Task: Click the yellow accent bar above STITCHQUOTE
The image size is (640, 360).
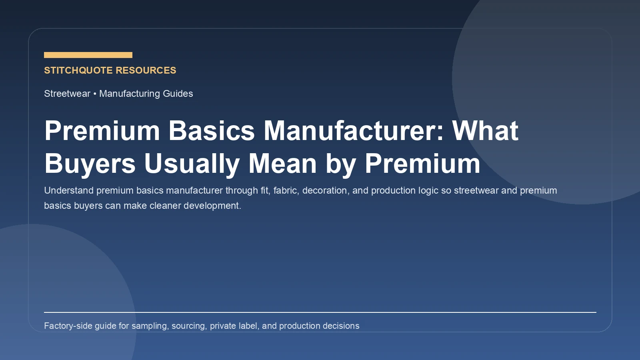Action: pos(88,55)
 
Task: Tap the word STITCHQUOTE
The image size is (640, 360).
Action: pos(78,70)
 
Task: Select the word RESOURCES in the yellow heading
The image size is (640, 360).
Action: pos(146,70)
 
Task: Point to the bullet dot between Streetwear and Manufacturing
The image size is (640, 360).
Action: pos(95,94)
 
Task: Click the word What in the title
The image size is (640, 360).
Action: pos(485,130)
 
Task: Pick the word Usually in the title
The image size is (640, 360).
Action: pos(192,164)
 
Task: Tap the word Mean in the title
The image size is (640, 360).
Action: pos(282,164)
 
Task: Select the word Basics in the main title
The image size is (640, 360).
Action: pos(211,130)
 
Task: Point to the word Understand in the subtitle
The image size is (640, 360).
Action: pos(69,190)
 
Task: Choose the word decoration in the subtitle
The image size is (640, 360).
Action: pos(324,190)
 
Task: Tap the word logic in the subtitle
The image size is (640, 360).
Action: pos(428,190)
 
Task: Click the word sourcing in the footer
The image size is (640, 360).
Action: pos(189,326)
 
